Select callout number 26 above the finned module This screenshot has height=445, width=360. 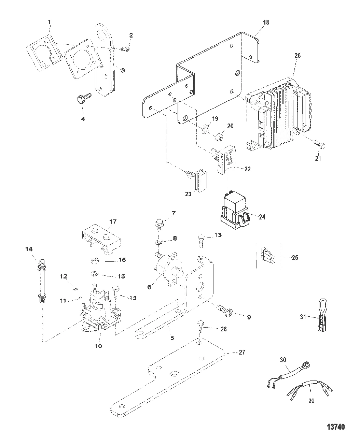point(297,56)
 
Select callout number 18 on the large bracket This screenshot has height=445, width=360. point(266,23)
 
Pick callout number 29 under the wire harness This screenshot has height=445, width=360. point(311,401)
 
